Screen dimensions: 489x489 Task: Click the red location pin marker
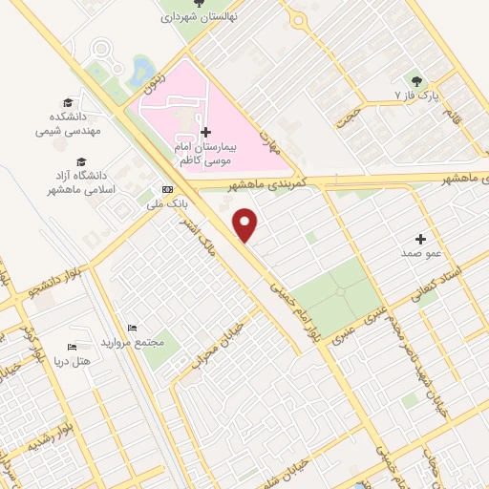coord(246,224)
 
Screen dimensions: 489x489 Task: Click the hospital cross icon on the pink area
coord(205,131)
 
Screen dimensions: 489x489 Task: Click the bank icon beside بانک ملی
coord(168,189)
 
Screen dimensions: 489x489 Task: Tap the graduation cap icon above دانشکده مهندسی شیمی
coord(67,103)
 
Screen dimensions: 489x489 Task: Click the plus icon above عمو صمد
coord(420,238)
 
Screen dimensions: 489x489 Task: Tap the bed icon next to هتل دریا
coord(72,346)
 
